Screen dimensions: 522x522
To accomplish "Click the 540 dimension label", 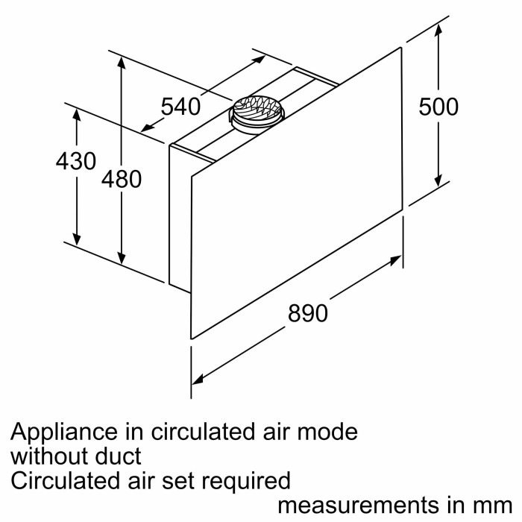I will [x=181, y=107].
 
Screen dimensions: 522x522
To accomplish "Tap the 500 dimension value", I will [x=438, y=107].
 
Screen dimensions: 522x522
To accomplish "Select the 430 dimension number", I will [x=76, y=161].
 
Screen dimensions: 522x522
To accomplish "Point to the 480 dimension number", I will [x=122, y=179].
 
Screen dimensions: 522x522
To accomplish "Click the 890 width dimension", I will [x=307, y=313].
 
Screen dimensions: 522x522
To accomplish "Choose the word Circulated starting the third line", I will [x=61, y=479].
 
